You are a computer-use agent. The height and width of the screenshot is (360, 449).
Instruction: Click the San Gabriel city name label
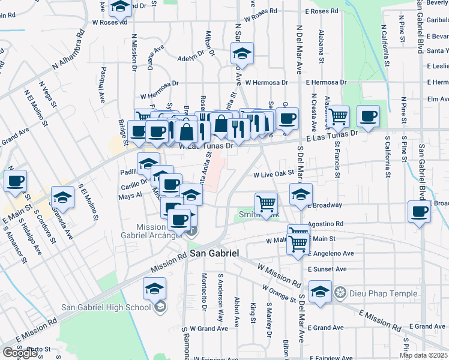(214, 254)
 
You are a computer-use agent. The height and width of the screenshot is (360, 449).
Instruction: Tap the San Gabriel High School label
(106, 308)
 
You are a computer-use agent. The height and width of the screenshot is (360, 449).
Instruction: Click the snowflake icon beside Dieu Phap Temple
(340, 293)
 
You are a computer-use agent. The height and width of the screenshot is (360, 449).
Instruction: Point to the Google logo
(20, 353)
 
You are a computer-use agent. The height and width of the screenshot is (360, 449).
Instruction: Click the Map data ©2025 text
(424, 355)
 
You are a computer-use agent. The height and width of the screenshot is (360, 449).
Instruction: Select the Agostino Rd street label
(325, 223)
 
